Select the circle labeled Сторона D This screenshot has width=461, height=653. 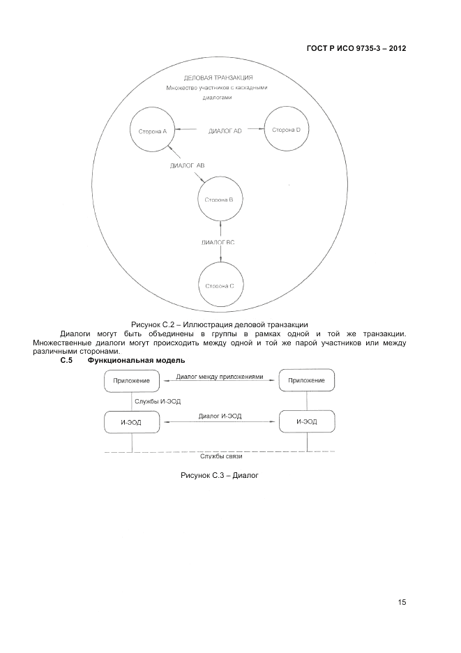[286, 130]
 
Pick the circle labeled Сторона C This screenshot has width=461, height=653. [220, 285]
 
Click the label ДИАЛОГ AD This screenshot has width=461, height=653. [225, 130]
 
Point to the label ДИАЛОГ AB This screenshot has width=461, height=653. [187, 165]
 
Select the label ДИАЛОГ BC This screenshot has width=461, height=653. [220, 242]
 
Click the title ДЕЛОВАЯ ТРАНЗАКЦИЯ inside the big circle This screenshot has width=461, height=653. [217, 77]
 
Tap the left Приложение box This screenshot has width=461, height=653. [132, 381]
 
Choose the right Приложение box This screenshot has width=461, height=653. [306, 381]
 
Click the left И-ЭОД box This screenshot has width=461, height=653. [132, 422]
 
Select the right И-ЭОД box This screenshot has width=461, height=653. [306, 422]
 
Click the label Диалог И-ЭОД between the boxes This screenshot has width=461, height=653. [220, 416]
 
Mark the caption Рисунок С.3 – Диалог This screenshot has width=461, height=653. [220, 476]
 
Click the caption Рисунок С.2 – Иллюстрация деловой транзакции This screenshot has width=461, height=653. [220, 324]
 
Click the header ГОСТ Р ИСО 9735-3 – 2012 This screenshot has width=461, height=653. [356, 49]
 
